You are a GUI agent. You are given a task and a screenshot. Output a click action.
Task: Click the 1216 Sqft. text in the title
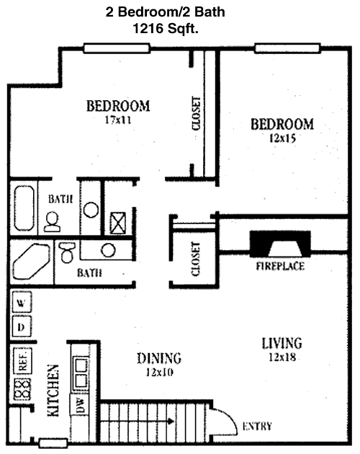pyautogui.click(x=166, y=29)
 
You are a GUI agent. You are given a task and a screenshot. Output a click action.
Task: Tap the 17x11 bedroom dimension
pyautogui.click(x=118, y=120)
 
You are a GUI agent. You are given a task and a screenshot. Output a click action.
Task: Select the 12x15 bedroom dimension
pyautogui.click(x=282, y=138)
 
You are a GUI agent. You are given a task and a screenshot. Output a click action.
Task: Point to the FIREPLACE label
pyautogui.click(x=280, y=266)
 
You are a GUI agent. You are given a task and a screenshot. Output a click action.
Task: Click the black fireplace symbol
pyautogui.click(x=280, y=244)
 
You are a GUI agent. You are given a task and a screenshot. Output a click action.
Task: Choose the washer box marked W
pyautogui.click(x=22, y=303)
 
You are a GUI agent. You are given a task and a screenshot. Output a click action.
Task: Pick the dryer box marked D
pyautogui.click(x=22, y=327)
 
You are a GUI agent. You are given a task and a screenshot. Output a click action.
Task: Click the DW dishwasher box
pyautogui.click(x=80, y=405)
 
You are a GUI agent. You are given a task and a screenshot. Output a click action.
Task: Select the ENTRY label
pyautogui.click(x=257, y=426)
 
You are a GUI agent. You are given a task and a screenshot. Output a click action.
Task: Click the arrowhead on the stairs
pyautogui.click(x=171, y=422)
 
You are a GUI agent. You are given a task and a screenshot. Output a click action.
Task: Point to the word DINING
pyautogui.click(x=159, y=358)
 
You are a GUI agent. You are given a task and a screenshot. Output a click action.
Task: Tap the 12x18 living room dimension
pyautogui.click(x=282, y=357)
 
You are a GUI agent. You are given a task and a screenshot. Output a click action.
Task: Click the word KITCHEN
pyautogui.click(x=53, y=391)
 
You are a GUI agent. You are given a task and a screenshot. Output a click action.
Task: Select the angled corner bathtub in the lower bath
pyautogui.click(x=31, y=262)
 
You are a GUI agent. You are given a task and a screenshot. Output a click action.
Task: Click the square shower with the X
pyautogui.click(x=118, y=223)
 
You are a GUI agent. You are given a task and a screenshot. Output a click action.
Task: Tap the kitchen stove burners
pyautogui.click(x=22, y=389)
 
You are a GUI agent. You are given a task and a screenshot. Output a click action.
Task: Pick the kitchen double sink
pyautogui.click(x=81, y=373)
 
